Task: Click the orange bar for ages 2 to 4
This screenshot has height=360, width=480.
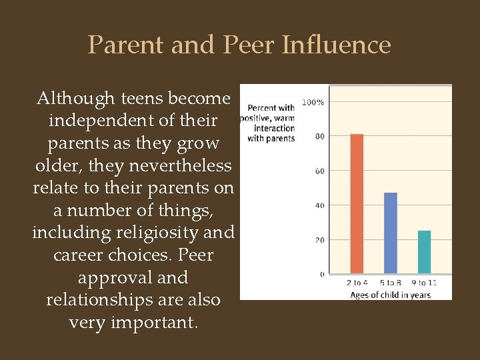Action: point(357,203)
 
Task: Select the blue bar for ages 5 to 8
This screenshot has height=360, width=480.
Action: point(390,233)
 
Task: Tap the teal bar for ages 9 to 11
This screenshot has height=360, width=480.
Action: point(424,251)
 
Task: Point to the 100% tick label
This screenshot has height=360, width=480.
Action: point(313,102)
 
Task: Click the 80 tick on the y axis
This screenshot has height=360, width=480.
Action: point(319,137)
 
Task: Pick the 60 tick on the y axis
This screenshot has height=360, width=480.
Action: point(319,171)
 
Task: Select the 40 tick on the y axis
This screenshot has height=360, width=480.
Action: point(319,205)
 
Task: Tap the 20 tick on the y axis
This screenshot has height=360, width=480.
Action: point(319,240)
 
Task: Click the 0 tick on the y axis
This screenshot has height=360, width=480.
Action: point(322,274)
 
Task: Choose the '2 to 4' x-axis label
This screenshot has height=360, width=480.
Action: point(357,283)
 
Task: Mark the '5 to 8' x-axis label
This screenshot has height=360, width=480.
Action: point(391,283)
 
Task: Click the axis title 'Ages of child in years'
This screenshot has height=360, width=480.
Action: point(390,295)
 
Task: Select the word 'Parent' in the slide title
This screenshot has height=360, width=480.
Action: point(126,45)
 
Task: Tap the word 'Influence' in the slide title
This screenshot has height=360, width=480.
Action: point(337,45)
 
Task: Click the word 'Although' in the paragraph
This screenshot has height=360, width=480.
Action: point(75,99)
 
